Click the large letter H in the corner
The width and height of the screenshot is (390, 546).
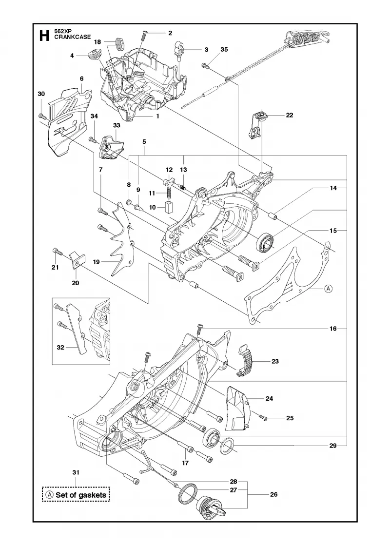click(x=44, y=36)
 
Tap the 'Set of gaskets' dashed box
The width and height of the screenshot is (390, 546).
click(x=76, y=494)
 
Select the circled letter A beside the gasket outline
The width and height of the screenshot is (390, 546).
click(x=329, y=288)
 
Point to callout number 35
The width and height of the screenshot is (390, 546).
click(x=224, y=49)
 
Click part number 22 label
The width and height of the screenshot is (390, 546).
click(x=290, y=115)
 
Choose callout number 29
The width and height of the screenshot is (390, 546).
click(x=333, y=446)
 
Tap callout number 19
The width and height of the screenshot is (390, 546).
click(x=96, y=262)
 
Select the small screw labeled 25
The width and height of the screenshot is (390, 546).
click(x=263, y=416)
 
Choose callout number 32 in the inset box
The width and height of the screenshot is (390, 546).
click(x=60, y=347)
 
